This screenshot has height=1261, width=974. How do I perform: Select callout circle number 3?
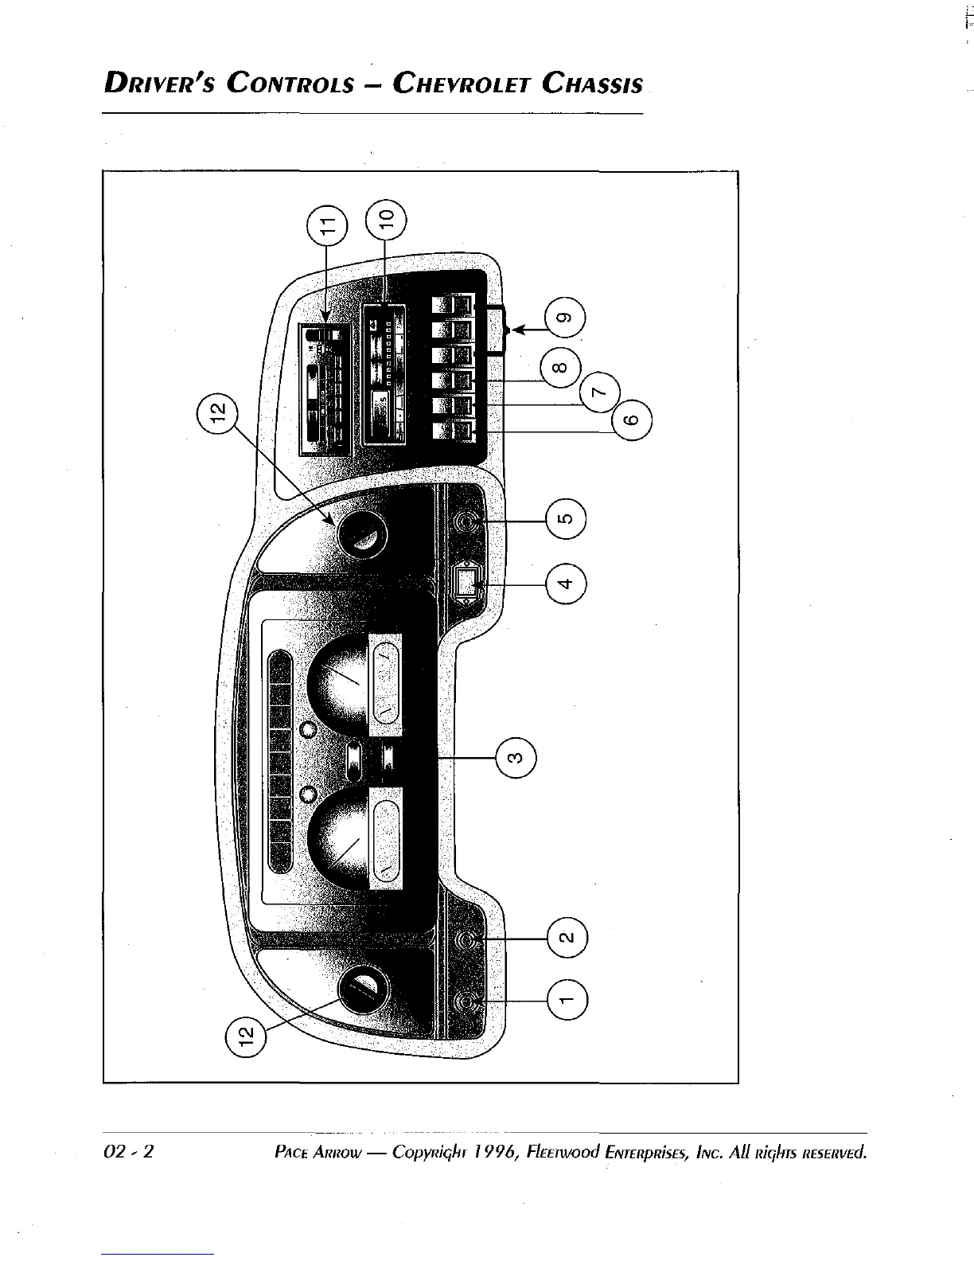pyautogui.click(x=515, y=758)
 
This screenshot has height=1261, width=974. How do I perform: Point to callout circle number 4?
pyautogui.click(x=565, y=584)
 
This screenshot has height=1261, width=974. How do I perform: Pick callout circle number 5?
pyautogui.click(x=565, y=521)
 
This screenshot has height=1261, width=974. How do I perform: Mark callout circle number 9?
pyautogui.click(x=565, y=317)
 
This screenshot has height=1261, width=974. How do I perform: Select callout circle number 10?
pyautogui.click(x=385, y=219)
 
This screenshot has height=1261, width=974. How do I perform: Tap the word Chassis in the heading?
pyautogui.click(x=592, y=83)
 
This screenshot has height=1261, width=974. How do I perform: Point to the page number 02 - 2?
pyautogui.click(x=128, y=1152)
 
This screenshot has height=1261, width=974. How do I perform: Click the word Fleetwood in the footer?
pyautogui.click(x=560, y=1152)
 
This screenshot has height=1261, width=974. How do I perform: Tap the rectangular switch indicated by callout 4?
pyautogui.click(x=466, y=583)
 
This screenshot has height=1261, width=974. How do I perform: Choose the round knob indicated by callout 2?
pyautogui.click(x=468, y=940)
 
